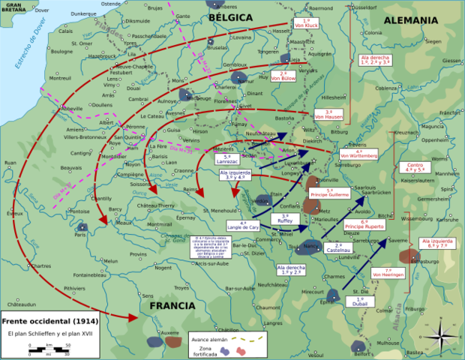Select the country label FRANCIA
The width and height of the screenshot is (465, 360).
172,306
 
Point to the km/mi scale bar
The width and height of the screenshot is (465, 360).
49,347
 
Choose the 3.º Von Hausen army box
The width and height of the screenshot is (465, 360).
329,115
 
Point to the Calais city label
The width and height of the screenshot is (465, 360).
65,31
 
